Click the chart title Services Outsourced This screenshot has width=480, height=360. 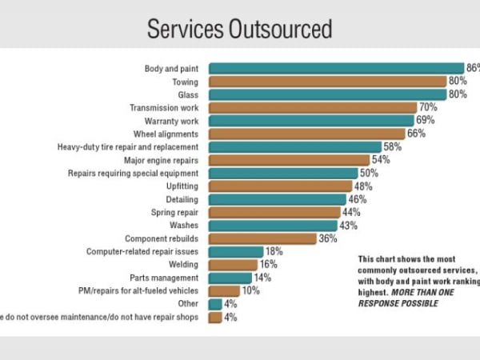(x=239, y=30)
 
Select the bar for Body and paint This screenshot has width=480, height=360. (x=336, y=68)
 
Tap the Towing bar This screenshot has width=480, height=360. (x=327, y=81)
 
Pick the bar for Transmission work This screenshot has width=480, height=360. (x=313, y=107)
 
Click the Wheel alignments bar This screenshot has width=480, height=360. (x=306, y=134)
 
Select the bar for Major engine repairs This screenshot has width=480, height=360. (x=289, y=160)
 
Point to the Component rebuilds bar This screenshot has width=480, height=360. (x=262, y=238)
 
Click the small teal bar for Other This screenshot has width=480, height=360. (x=214, y=304)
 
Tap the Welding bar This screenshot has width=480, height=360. (x=233, y=265)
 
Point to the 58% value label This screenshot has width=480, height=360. (x=393, y=146)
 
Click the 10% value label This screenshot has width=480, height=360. (x=250, y=291)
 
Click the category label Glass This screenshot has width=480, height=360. (x=188, y=94)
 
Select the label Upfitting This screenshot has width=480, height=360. (x=182, y=186)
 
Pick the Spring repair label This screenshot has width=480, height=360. (x=175, y=212)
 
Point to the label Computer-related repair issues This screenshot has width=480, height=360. (x=143, y=251)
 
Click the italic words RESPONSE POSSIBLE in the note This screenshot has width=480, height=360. (x=398, y=303)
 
